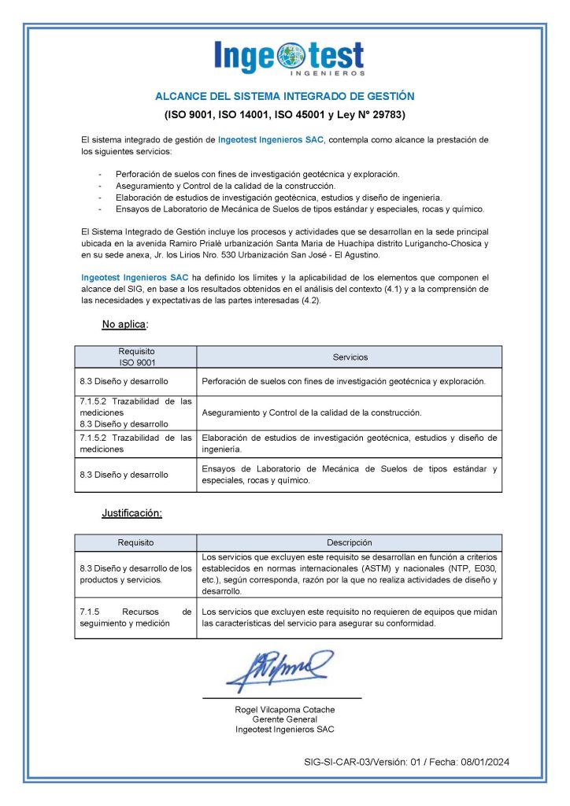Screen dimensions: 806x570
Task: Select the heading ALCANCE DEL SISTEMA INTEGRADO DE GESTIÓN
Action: click(284, 96)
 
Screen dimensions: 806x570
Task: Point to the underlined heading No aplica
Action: click(124, 324)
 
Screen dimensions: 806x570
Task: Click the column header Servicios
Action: click(350, 357)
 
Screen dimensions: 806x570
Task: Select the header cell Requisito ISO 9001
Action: click(136, 357)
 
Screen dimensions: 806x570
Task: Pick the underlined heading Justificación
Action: click(131, 513)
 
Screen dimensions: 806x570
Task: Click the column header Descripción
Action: click(350, 542)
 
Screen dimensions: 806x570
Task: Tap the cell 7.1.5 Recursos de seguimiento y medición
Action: click(135, 618)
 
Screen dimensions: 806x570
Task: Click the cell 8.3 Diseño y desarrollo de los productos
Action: click(135, 574)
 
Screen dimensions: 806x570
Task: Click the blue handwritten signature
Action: click(279, 669)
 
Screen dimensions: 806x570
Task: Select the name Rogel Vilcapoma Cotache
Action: click(284, 709)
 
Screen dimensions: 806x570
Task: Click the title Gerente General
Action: click(284, 719)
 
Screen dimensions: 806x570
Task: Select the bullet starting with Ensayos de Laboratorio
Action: click(299, 209)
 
